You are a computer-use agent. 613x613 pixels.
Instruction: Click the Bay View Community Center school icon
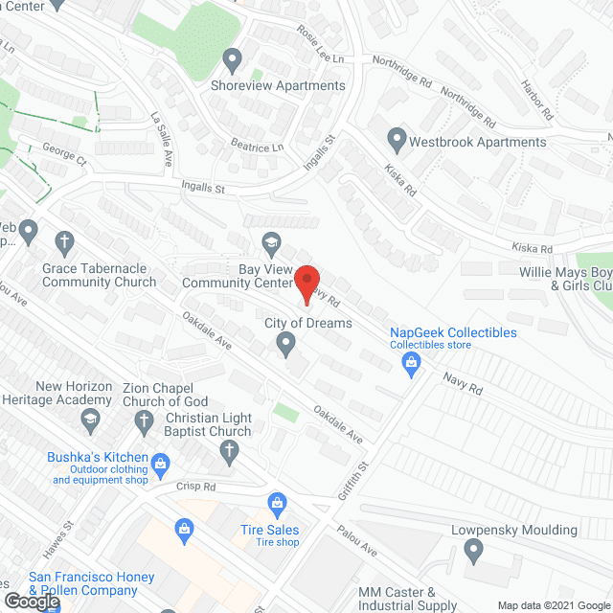click(x=270, y=240)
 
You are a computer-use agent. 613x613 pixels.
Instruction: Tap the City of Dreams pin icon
click(x=285, y=344)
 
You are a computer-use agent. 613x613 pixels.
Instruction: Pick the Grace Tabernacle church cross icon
click(x=64, y=240)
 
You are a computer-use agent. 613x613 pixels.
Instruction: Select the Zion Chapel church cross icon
click(x=144, y=420)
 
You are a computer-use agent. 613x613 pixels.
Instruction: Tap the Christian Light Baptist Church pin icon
click(x=227, y=457)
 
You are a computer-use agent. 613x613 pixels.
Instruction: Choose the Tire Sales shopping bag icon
click(x=277, y=503)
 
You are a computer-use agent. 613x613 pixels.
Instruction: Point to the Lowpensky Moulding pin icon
click(x=472, y=550)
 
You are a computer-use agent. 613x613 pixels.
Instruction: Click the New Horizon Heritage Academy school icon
click(x=90, y=419)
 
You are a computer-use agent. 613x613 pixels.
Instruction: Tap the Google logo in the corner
click(x=32, y=602)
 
